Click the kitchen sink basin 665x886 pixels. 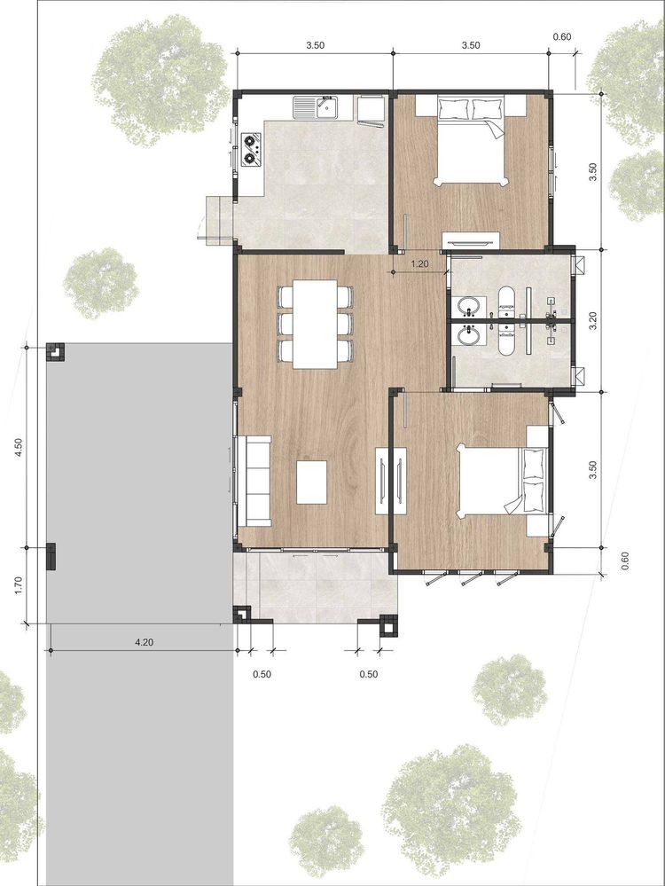[327, 106]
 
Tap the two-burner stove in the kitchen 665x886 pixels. [252, 149]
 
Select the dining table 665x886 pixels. [315, 325]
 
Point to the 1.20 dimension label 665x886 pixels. [419, 263]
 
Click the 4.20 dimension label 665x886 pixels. [144, 641]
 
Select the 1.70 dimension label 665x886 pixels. [19, 585]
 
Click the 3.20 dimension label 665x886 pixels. [592, 320]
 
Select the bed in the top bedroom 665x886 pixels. [471, 140]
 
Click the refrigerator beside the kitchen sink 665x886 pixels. [371, 110]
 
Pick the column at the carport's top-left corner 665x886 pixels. [55, 352]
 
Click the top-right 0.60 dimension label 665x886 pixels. [561, 36]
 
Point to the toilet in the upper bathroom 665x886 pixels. [506, 300]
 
